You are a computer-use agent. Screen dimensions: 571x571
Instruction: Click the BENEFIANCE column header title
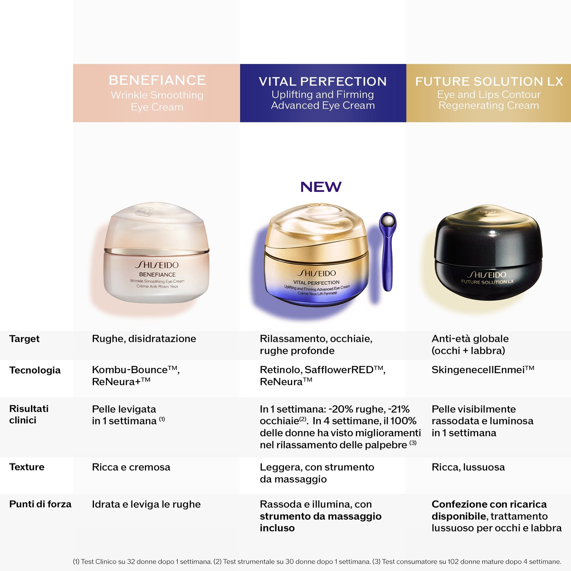(157, 80)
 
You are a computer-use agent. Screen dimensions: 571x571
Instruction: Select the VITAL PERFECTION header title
(323, 82)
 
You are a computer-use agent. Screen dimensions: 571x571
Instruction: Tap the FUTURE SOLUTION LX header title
(489, 82)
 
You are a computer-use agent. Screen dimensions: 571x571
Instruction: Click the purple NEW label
(321, 187)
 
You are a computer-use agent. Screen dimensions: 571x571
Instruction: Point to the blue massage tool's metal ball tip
(388, 220)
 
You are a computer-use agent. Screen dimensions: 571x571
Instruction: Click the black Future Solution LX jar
(488, 254)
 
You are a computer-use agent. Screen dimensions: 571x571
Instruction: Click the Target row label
(24, 339)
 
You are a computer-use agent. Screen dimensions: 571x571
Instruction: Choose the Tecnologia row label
(35, 370)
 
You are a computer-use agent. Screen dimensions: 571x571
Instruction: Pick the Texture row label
(27, 467)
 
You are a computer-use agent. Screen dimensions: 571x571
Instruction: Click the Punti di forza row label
(40, 504)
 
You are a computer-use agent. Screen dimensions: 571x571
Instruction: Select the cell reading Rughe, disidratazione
(144, 339)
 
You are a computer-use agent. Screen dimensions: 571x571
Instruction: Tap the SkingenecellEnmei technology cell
(483, 370)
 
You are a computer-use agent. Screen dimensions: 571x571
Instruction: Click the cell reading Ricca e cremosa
(131, 467)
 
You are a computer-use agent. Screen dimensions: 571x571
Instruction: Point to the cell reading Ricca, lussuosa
(468, 467)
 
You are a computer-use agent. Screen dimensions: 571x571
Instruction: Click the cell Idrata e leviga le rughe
(146, 504)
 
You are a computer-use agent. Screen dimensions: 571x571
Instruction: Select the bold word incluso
(277, 528)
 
